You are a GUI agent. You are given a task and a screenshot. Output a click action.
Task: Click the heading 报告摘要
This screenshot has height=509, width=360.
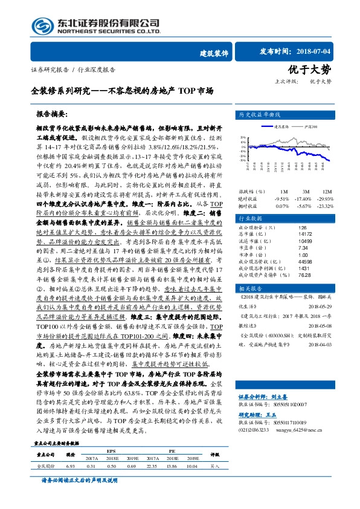pos(51,114)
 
